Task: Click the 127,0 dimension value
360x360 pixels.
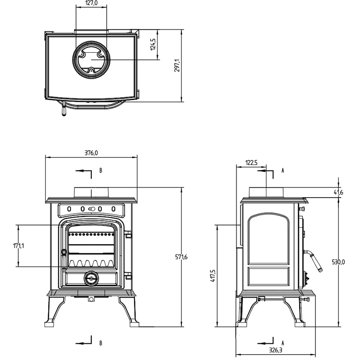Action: point(91,3)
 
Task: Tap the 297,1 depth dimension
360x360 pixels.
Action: point(177,65)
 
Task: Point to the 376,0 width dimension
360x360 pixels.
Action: point(91,153)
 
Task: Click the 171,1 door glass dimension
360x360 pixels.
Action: point(18,246)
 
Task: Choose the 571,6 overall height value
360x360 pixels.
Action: point(181,257)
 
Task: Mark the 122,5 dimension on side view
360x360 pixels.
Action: point(252,163)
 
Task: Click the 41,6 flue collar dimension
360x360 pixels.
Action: point(338,193)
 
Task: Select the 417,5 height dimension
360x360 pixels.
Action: point(213,276)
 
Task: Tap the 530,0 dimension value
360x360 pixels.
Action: point(338,262)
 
